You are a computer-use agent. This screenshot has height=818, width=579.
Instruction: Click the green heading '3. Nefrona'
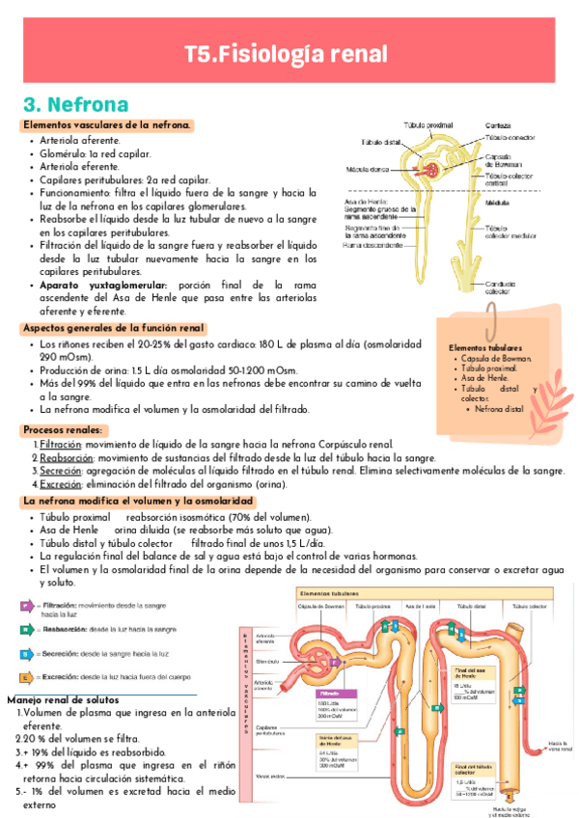[x=76, y=104]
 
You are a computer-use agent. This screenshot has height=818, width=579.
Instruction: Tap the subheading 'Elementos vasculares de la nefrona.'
[x=107, y=125]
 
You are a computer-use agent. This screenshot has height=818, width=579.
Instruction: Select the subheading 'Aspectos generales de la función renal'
[x=114, y=328]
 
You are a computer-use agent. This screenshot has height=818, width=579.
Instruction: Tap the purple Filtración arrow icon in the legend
[x=28, y=606]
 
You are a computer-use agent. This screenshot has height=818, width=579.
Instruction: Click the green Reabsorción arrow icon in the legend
[x=28, y=630]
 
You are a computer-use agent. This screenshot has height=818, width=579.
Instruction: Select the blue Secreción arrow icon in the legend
[x=28, y=653]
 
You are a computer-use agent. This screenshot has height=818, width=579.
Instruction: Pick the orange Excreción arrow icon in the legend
[x=28, y=676]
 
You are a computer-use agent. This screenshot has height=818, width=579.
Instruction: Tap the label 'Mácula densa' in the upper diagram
[x=369, y=170]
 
